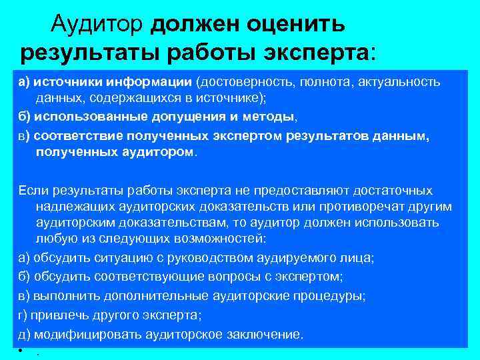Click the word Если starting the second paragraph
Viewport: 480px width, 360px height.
coord(31,191)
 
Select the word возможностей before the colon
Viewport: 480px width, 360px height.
coord(209,239)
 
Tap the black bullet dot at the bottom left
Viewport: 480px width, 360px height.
coord(21,351)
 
